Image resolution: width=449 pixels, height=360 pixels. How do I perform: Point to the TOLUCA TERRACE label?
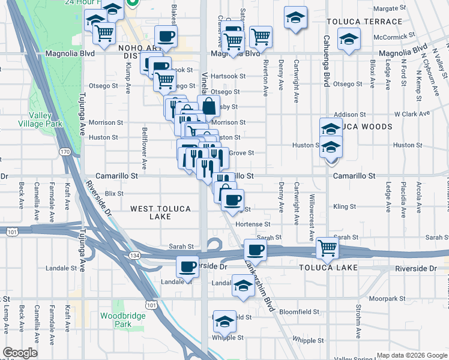coord(364,22)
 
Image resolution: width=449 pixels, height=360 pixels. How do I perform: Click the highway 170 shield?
coord(65,152)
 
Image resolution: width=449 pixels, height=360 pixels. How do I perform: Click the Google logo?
coord(20,353)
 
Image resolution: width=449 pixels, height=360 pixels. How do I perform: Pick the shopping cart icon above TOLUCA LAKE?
coord(327,247)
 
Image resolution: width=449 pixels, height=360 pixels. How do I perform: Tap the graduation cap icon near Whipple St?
coord(225,322)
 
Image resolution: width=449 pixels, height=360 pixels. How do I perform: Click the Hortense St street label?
coord(253,224)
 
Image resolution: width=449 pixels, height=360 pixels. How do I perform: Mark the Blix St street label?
coord(113,193)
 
